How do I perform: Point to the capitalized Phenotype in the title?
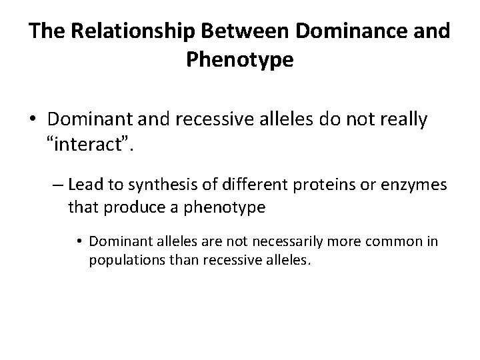(x=239, y=60)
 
